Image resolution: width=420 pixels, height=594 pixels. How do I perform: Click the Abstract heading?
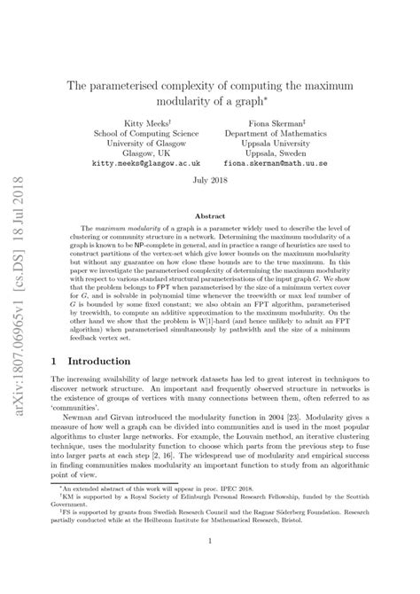210,215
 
